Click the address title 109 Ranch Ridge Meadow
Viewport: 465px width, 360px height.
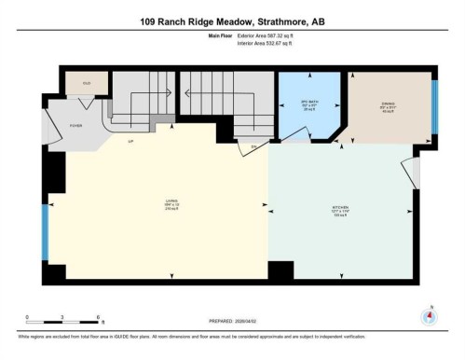[x=232, y=21]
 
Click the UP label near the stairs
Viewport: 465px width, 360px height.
[x=131, y=140]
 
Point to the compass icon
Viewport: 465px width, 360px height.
[x=429, y=314]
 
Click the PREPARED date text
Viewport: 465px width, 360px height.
[x=232, y=316]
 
